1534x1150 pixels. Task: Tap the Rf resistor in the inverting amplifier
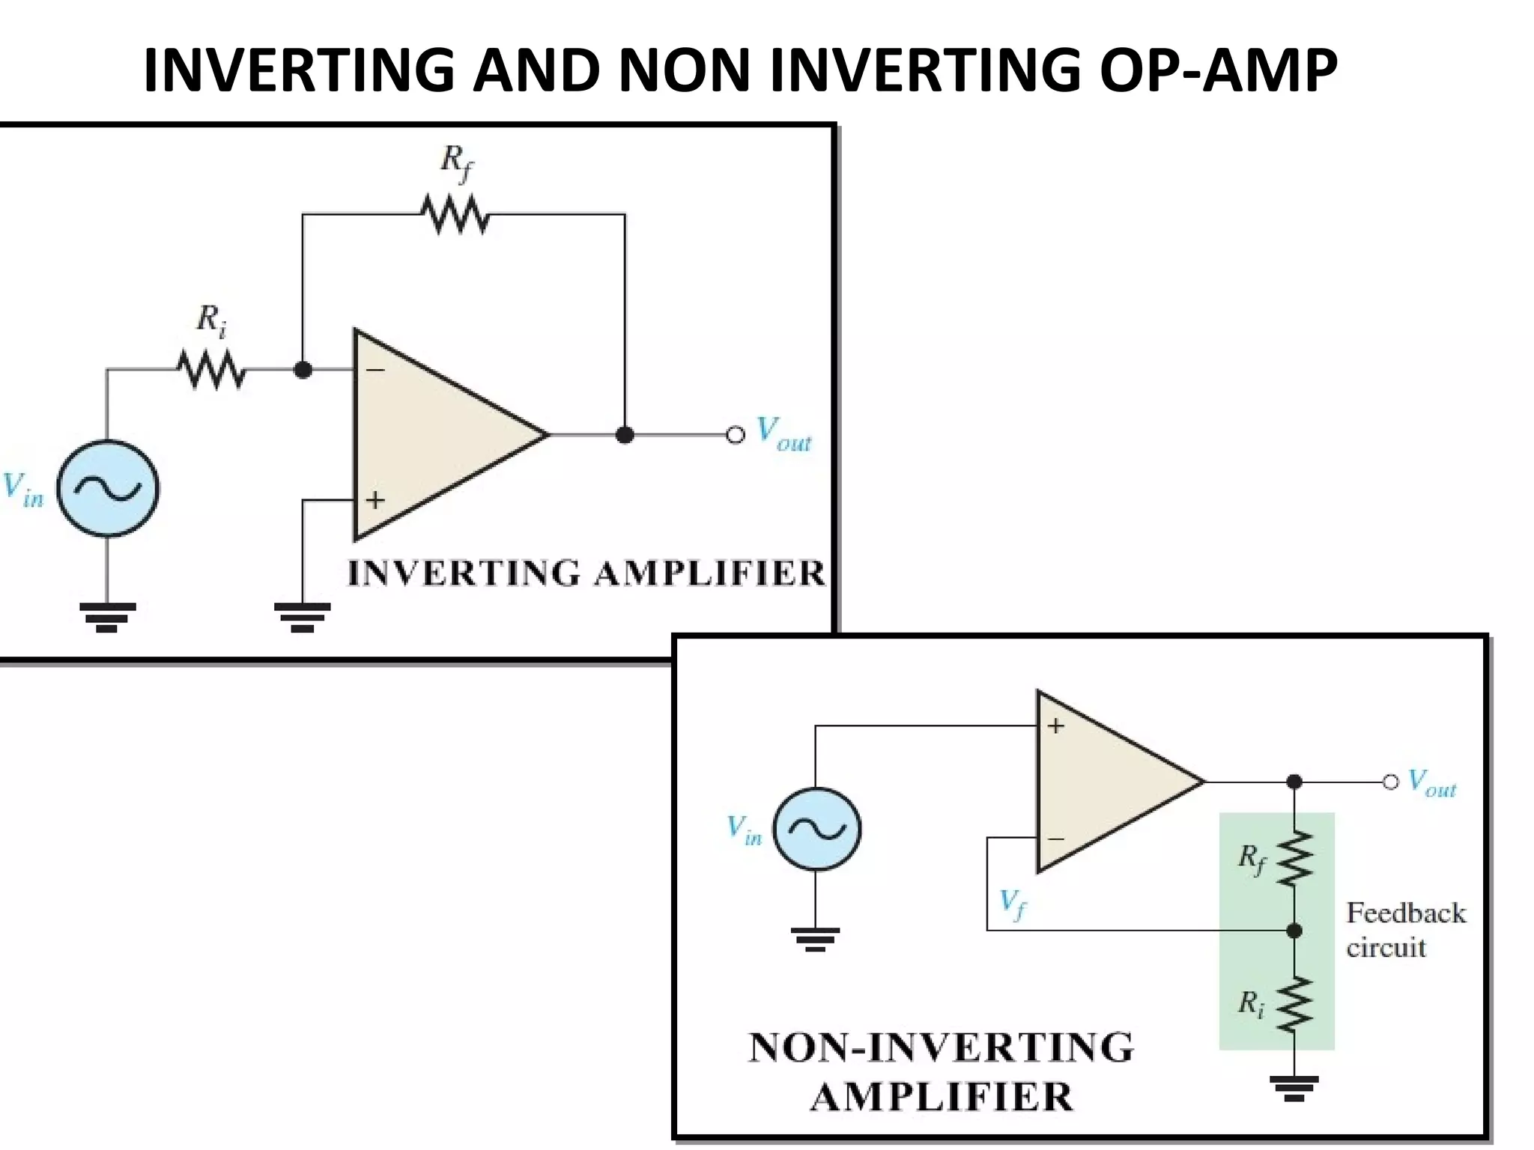tap(455, 214)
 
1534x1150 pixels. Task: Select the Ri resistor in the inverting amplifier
tap(211, 370)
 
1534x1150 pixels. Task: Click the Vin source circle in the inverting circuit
tap(108, 489)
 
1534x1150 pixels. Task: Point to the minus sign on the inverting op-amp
tap(375, 370)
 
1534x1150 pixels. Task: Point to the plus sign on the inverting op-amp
tap(375, 499)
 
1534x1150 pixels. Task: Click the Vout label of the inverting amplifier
tap(783, 434)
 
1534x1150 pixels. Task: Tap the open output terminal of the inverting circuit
tap(736, 435)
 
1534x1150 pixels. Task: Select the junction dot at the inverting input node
tap(303, 370)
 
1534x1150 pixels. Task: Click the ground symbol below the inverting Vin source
tap(107, 617)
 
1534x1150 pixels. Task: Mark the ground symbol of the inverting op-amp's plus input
tap(303, 617)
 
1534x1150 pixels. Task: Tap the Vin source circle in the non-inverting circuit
tap(816, 829)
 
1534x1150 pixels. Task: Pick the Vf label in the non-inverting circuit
tap(1012, 904)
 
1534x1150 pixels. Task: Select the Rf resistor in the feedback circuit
tap(1295, 858)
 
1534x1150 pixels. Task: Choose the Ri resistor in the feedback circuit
tap(1295, 1004)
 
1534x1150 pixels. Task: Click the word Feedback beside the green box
tap(1406, 913)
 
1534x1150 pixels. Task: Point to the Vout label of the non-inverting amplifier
tap(1431, 783)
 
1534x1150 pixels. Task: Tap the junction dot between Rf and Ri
tap(1294, 931)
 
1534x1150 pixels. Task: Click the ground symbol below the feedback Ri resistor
tap(1294, 1088)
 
